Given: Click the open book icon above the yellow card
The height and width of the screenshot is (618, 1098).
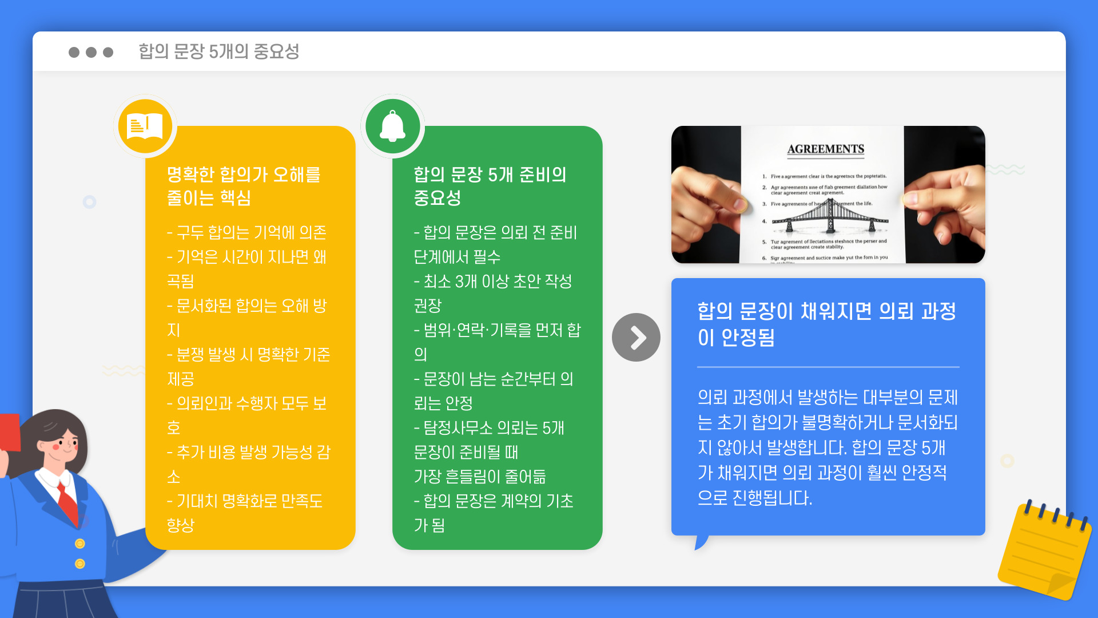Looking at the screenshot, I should [145, 126].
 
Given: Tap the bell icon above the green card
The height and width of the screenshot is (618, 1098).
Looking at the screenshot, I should [393, 126].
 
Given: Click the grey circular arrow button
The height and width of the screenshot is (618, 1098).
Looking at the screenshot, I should [636, 338].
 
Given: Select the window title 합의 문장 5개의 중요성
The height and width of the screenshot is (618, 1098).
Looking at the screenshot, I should [218, 51].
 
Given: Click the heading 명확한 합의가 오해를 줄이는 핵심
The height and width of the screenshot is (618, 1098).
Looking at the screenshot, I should [244, 186].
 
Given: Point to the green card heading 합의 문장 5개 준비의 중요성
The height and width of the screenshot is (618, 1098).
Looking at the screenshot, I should [490, 186].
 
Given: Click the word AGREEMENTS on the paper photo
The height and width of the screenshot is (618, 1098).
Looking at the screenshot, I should [825, 149].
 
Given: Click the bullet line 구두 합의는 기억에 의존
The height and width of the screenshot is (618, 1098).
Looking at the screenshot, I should [246, 232].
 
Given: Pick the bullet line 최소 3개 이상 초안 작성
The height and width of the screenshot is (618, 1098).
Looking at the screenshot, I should [493, 282].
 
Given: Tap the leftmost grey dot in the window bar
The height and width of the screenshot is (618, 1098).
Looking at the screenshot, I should [74, 52].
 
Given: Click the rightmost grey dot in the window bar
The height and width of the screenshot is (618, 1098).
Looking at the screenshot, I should [108, 52].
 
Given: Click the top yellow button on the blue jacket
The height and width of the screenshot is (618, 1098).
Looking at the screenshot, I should [80, 544].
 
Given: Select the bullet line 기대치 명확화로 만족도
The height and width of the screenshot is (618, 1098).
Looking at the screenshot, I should [245, 501].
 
